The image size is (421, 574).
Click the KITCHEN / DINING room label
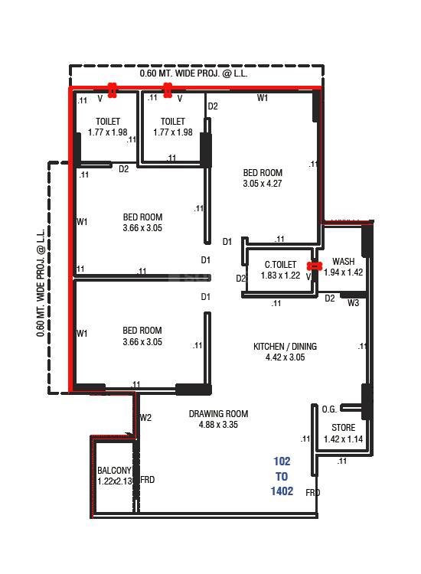point(285,347)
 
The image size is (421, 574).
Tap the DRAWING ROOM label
point(218,414)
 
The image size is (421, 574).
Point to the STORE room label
point(343,428)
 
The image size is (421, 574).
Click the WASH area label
point(343,262)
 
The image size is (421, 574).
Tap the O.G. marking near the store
point(330,409)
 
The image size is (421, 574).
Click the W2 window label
point(145,418)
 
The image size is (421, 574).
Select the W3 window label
point(353,304)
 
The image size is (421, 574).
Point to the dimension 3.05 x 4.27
point(263,184)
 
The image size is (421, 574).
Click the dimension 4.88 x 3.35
point(218,425)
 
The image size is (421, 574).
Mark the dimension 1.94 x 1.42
point(343,272)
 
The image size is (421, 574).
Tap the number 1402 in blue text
point(282,491)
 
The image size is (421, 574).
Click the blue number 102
point(282,461)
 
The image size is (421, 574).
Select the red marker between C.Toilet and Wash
point(313,266)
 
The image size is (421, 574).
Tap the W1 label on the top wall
point(263,98)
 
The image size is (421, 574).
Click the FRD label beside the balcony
point(148,480)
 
